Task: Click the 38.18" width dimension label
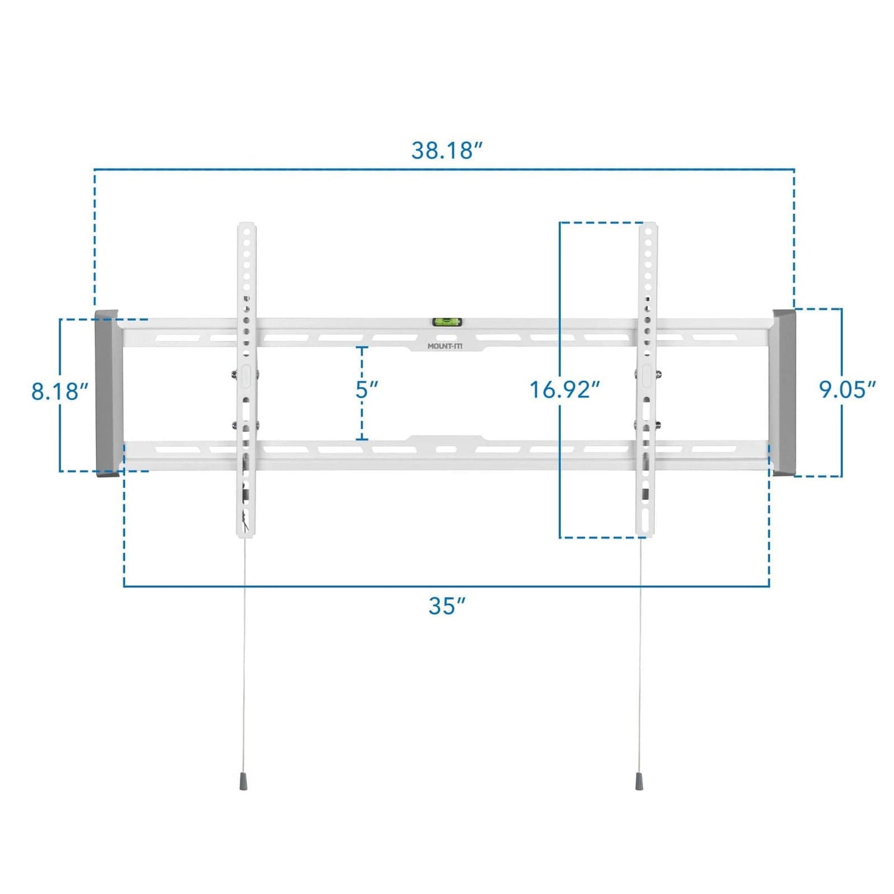(x=446, y=150)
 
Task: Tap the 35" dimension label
(x=446, y=606)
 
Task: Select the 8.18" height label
(x=60, y=392)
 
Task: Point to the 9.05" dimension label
(x=847, y=390)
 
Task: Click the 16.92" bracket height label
(x=564, y=390)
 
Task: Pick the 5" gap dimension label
(x=367, y=390)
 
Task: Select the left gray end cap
(x=107, y=393)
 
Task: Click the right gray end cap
(x=784, y=392)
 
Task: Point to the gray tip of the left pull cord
(x=244, y=781)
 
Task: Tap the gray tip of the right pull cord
(x=639, y=781)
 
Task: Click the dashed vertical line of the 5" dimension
(x=362, y=417)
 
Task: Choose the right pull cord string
(x=640, y=656)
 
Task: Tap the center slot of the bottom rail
(x=446, y=449)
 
